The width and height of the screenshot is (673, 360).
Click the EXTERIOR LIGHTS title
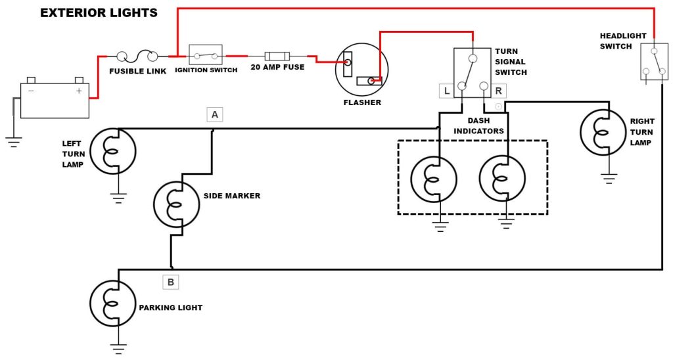point(99,12)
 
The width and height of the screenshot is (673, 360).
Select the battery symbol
point(55,99)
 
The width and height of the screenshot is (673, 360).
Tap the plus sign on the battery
point(79,91)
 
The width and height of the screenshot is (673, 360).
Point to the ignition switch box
point(206,55)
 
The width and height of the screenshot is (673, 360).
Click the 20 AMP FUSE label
point(277,67)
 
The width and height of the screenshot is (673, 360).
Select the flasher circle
point(361,70)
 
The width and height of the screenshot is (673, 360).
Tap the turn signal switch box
point(472,72)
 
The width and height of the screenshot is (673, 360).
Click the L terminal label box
point(447,91)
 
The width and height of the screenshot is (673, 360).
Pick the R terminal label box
point(498,91)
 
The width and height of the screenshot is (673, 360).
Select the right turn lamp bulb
point(603,132)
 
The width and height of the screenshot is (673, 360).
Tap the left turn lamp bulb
point(112,151)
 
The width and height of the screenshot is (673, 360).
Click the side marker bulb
point(176,205)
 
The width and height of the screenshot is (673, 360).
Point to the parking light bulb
point(112,303)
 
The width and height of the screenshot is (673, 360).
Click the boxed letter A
point(214,115)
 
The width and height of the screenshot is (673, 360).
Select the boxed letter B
point(170,282)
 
